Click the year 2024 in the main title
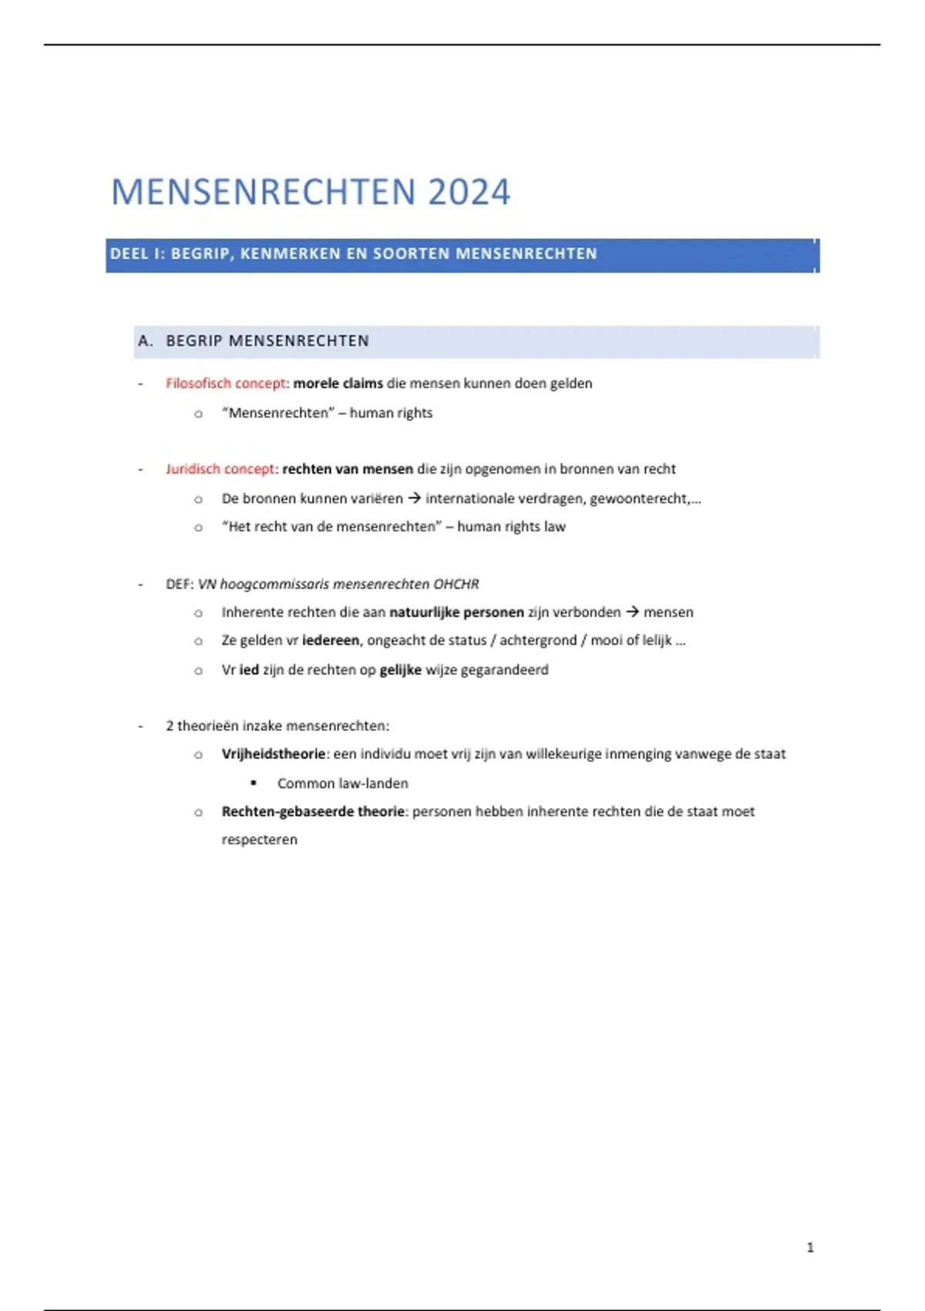point(469,192)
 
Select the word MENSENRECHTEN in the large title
point(265,192)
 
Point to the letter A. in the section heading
point(146,341)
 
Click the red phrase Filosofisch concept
point(225,383)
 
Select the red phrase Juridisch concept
point(220,469)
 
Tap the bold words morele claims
point(338,383)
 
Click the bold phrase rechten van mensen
point(348,469)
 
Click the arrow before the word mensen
point(632,612)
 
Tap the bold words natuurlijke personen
point(456,612)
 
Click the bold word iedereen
point(331,640)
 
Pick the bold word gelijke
point(400,669)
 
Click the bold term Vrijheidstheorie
point(274,753)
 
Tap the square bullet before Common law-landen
point(254,783)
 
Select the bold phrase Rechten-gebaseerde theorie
point(313,811)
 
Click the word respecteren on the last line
point(259,840)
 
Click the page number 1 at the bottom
point(810,1247)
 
